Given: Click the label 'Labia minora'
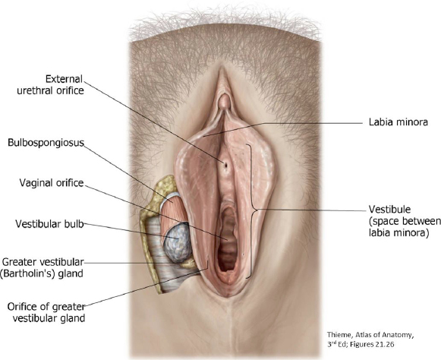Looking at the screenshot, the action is (398, 122).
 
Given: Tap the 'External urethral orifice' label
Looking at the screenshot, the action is (51, 85).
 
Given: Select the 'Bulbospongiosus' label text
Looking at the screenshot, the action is (46, 143).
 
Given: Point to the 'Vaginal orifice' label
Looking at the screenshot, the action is (52, 183).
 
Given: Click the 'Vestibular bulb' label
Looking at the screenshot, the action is (49, 224).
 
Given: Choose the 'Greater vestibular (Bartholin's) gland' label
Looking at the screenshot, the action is (43, 267).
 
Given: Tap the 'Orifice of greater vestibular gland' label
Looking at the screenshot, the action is (46, 312).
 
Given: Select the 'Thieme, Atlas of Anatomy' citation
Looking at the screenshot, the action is (370, 335).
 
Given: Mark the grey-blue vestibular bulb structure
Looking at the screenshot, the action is (177, 242).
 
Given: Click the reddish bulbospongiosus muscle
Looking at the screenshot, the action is (172, 214).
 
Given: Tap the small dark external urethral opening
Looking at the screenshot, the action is (225, 164).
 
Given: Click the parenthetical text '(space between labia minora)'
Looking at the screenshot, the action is (405, 227).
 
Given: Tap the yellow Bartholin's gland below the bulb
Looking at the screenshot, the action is (189, 264).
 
